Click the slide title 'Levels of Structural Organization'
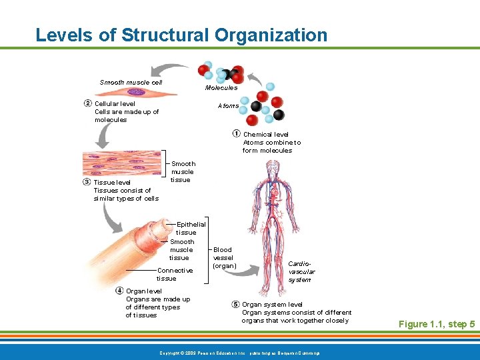[181, 35]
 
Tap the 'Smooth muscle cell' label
[131, 83]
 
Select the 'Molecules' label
[221, 87]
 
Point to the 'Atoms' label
[228, 106]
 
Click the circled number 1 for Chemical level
[237, 134]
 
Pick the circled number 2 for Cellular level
[88, 103]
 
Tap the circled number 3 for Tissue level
[87, 182]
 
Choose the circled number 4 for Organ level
[119, 291]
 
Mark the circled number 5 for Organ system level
[235, 304]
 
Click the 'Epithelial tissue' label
[191, 228]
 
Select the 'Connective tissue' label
[175, 274]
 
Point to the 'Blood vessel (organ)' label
[223, 257]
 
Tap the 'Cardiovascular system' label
[300, 271]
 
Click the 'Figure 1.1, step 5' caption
[436, 324]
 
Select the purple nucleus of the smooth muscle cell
[137, 92]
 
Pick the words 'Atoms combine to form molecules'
[271, 146]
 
